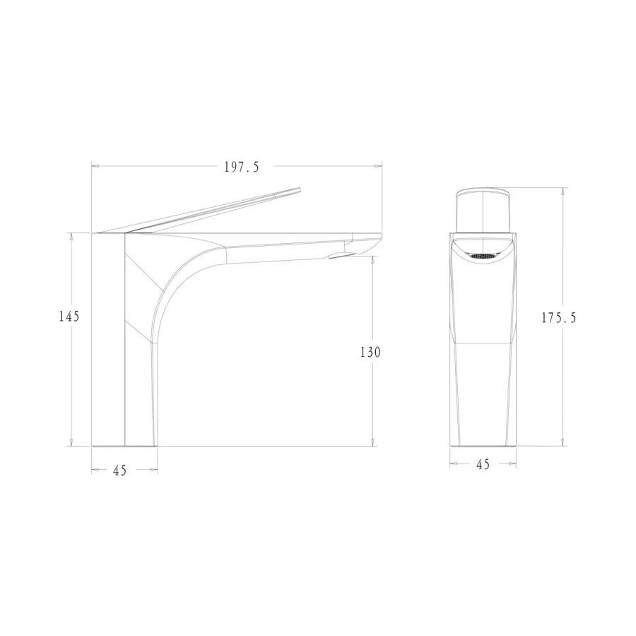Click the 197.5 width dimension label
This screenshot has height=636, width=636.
[x=242, y=167]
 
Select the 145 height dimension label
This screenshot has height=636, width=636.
[x=69, y=316]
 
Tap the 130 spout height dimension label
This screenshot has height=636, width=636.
[x=371, y=352]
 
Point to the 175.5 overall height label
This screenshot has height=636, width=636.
[x=559, y=317]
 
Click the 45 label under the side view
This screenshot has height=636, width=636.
[x=119, y=471]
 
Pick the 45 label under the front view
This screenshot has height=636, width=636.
[x=483, y=464]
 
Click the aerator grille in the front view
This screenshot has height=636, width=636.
[x=483, y=256]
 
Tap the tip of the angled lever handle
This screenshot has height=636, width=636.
[x=300, y=189]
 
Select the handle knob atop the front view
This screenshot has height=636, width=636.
[x=483, y=210]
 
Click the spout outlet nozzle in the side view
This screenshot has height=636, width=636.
[x=343, y=254]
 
